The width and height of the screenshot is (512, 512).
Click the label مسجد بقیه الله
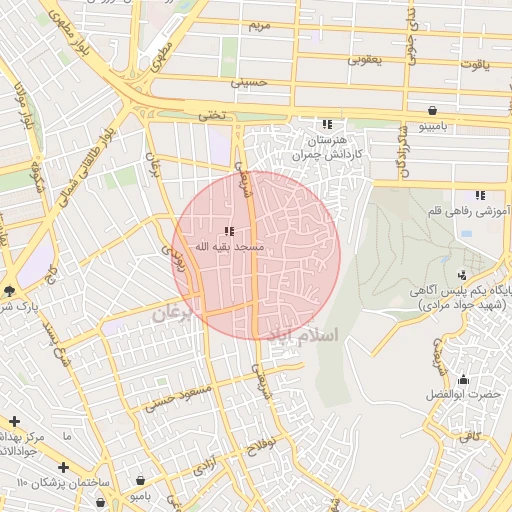pos(229,246)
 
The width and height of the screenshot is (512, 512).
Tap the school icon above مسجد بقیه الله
pos(230,231)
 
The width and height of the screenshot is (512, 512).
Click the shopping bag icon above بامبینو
pos(432,110)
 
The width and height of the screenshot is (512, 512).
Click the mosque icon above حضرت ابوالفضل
pos(463,380)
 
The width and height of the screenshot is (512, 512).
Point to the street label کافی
pos(470,435)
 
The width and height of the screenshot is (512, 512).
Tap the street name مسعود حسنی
pos(180,397)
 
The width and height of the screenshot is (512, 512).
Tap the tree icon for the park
pos(9,291)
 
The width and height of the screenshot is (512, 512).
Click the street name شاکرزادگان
pos(401,145)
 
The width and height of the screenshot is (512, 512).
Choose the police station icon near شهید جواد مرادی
pos(462,275)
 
